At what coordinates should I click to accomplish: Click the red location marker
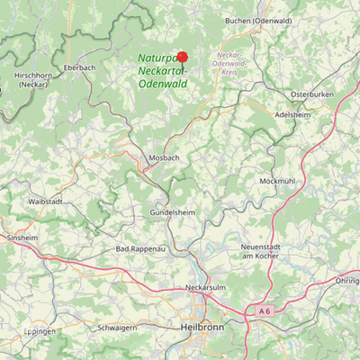[182, 56]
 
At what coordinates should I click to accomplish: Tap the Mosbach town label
[164, 157]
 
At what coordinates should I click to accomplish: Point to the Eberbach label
[79, 67]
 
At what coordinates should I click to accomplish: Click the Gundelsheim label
[171, 213]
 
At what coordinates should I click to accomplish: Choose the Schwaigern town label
[117, 329]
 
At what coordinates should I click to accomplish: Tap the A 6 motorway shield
[264, 310]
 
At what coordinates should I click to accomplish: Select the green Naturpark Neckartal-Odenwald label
[162, 70]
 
